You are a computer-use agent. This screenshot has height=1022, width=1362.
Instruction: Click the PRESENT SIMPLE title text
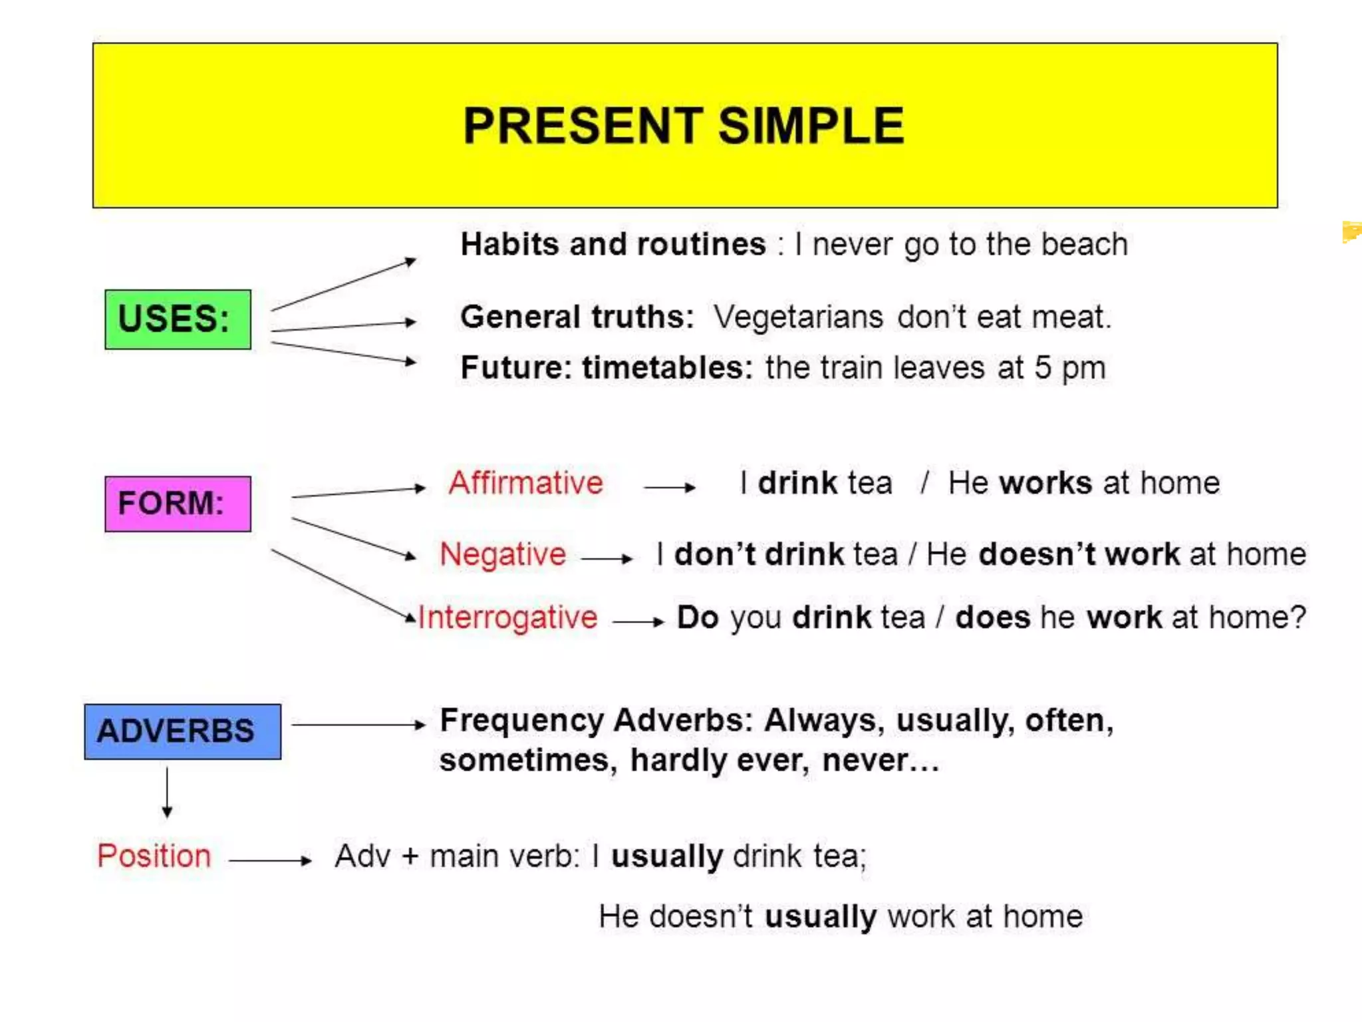click(x=684, y=126)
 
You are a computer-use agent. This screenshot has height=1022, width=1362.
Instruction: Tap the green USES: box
click(x=178, y=319)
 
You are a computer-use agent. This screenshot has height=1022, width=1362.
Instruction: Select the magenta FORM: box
click(x=178, y=504)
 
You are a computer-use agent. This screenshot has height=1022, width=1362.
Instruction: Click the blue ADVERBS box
click(x=182, y=731)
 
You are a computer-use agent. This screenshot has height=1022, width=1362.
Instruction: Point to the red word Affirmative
click(x=525, y=483)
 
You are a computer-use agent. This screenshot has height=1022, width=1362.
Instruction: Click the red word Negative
click(x=503, y=554)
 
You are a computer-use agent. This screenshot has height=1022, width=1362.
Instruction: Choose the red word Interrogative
click(x=508, y=617)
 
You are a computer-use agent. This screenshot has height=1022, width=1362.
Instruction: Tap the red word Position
click(x=154, y=856)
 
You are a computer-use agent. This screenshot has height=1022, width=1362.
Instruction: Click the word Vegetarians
click(x=798, y=317)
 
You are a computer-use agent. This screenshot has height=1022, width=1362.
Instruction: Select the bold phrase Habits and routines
click(x=613, y=244)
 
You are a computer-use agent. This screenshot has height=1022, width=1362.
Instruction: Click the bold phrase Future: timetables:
click(x=607, y=368)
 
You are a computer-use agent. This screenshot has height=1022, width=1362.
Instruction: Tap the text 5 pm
click(x=1069, y=368)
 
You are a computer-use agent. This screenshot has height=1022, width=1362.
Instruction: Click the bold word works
click(x=1045, y=483)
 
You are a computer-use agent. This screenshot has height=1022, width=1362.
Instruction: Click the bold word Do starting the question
click(x=698, y=617)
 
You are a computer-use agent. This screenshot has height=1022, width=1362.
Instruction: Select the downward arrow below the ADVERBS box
click(x=167, y=792)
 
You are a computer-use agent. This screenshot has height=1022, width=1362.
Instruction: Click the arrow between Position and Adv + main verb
click(x=270, y=860)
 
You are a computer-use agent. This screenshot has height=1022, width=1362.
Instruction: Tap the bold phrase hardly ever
click(x=720, y=761)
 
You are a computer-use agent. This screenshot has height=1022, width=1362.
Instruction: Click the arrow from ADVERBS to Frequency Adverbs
click(x=358, y=725)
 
